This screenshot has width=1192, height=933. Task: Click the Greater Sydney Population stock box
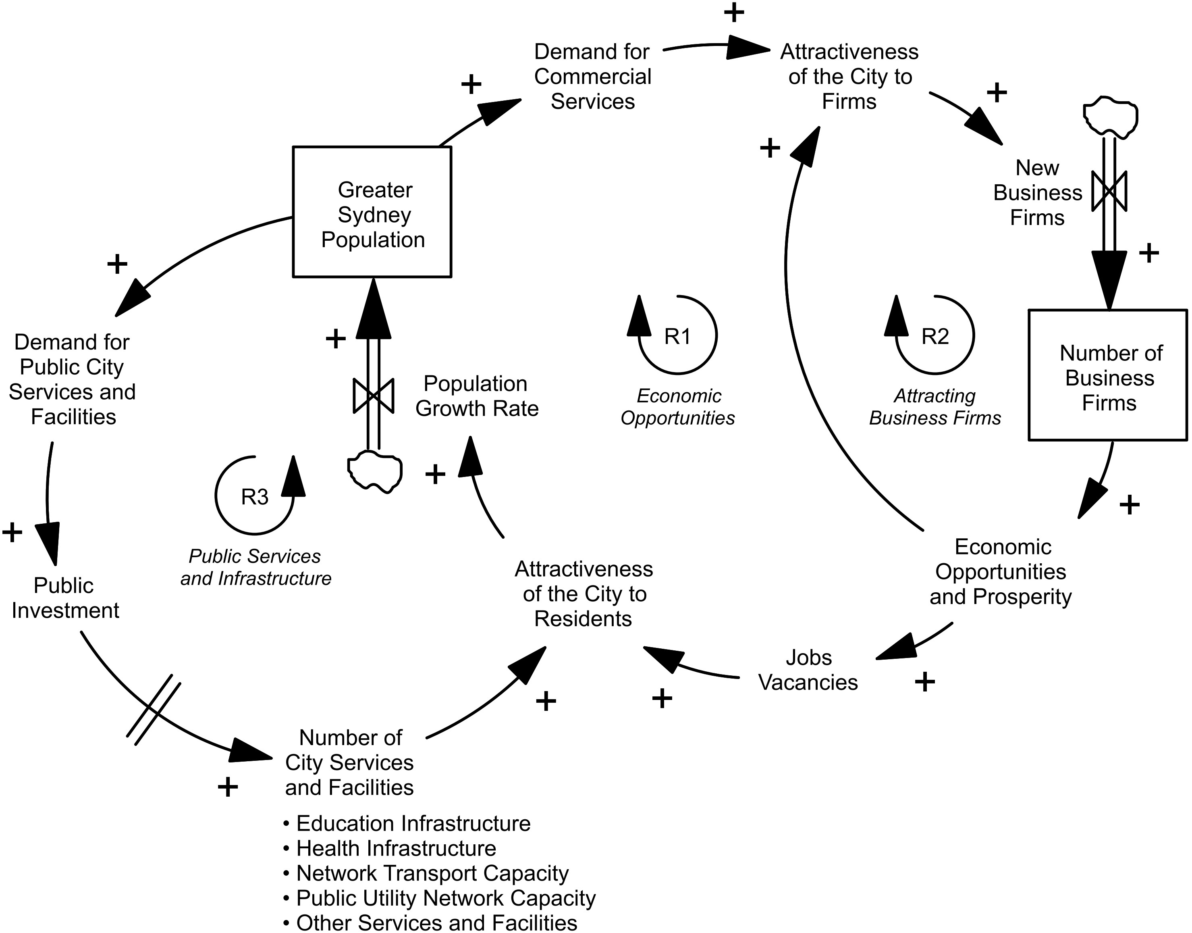pos(372,212)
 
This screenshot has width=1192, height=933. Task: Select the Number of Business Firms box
pos(1107,375)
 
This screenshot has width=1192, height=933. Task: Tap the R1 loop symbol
pos(677,336)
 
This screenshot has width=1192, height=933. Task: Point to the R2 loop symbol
pos(935,336)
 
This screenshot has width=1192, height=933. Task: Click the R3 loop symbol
pos(254,496)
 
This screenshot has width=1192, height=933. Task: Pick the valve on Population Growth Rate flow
pos(374,396)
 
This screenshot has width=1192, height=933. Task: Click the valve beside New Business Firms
pos(1109,191)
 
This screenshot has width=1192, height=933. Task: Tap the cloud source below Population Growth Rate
pos(375,471)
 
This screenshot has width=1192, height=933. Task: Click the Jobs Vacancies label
pos(808,670)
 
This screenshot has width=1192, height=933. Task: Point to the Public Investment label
pos(64,598)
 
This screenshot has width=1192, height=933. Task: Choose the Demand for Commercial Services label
pos(592,77)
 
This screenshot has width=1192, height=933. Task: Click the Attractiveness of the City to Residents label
pos(584,594)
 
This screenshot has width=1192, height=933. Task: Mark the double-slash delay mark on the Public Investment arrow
pos(154,710)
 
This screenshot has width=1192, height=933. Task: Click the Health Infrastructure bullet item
pos(395,848)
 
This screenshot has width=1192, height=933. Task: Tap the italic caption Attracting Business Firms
pos(935,406)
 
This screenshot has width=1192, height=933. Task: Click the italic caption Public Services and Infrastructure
pos(255,567)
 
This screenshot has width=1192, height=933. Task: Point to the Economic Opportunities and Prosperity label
pos(1001,571)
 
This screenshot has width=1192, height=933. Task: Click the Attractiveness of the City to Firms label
pos(849,77)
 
